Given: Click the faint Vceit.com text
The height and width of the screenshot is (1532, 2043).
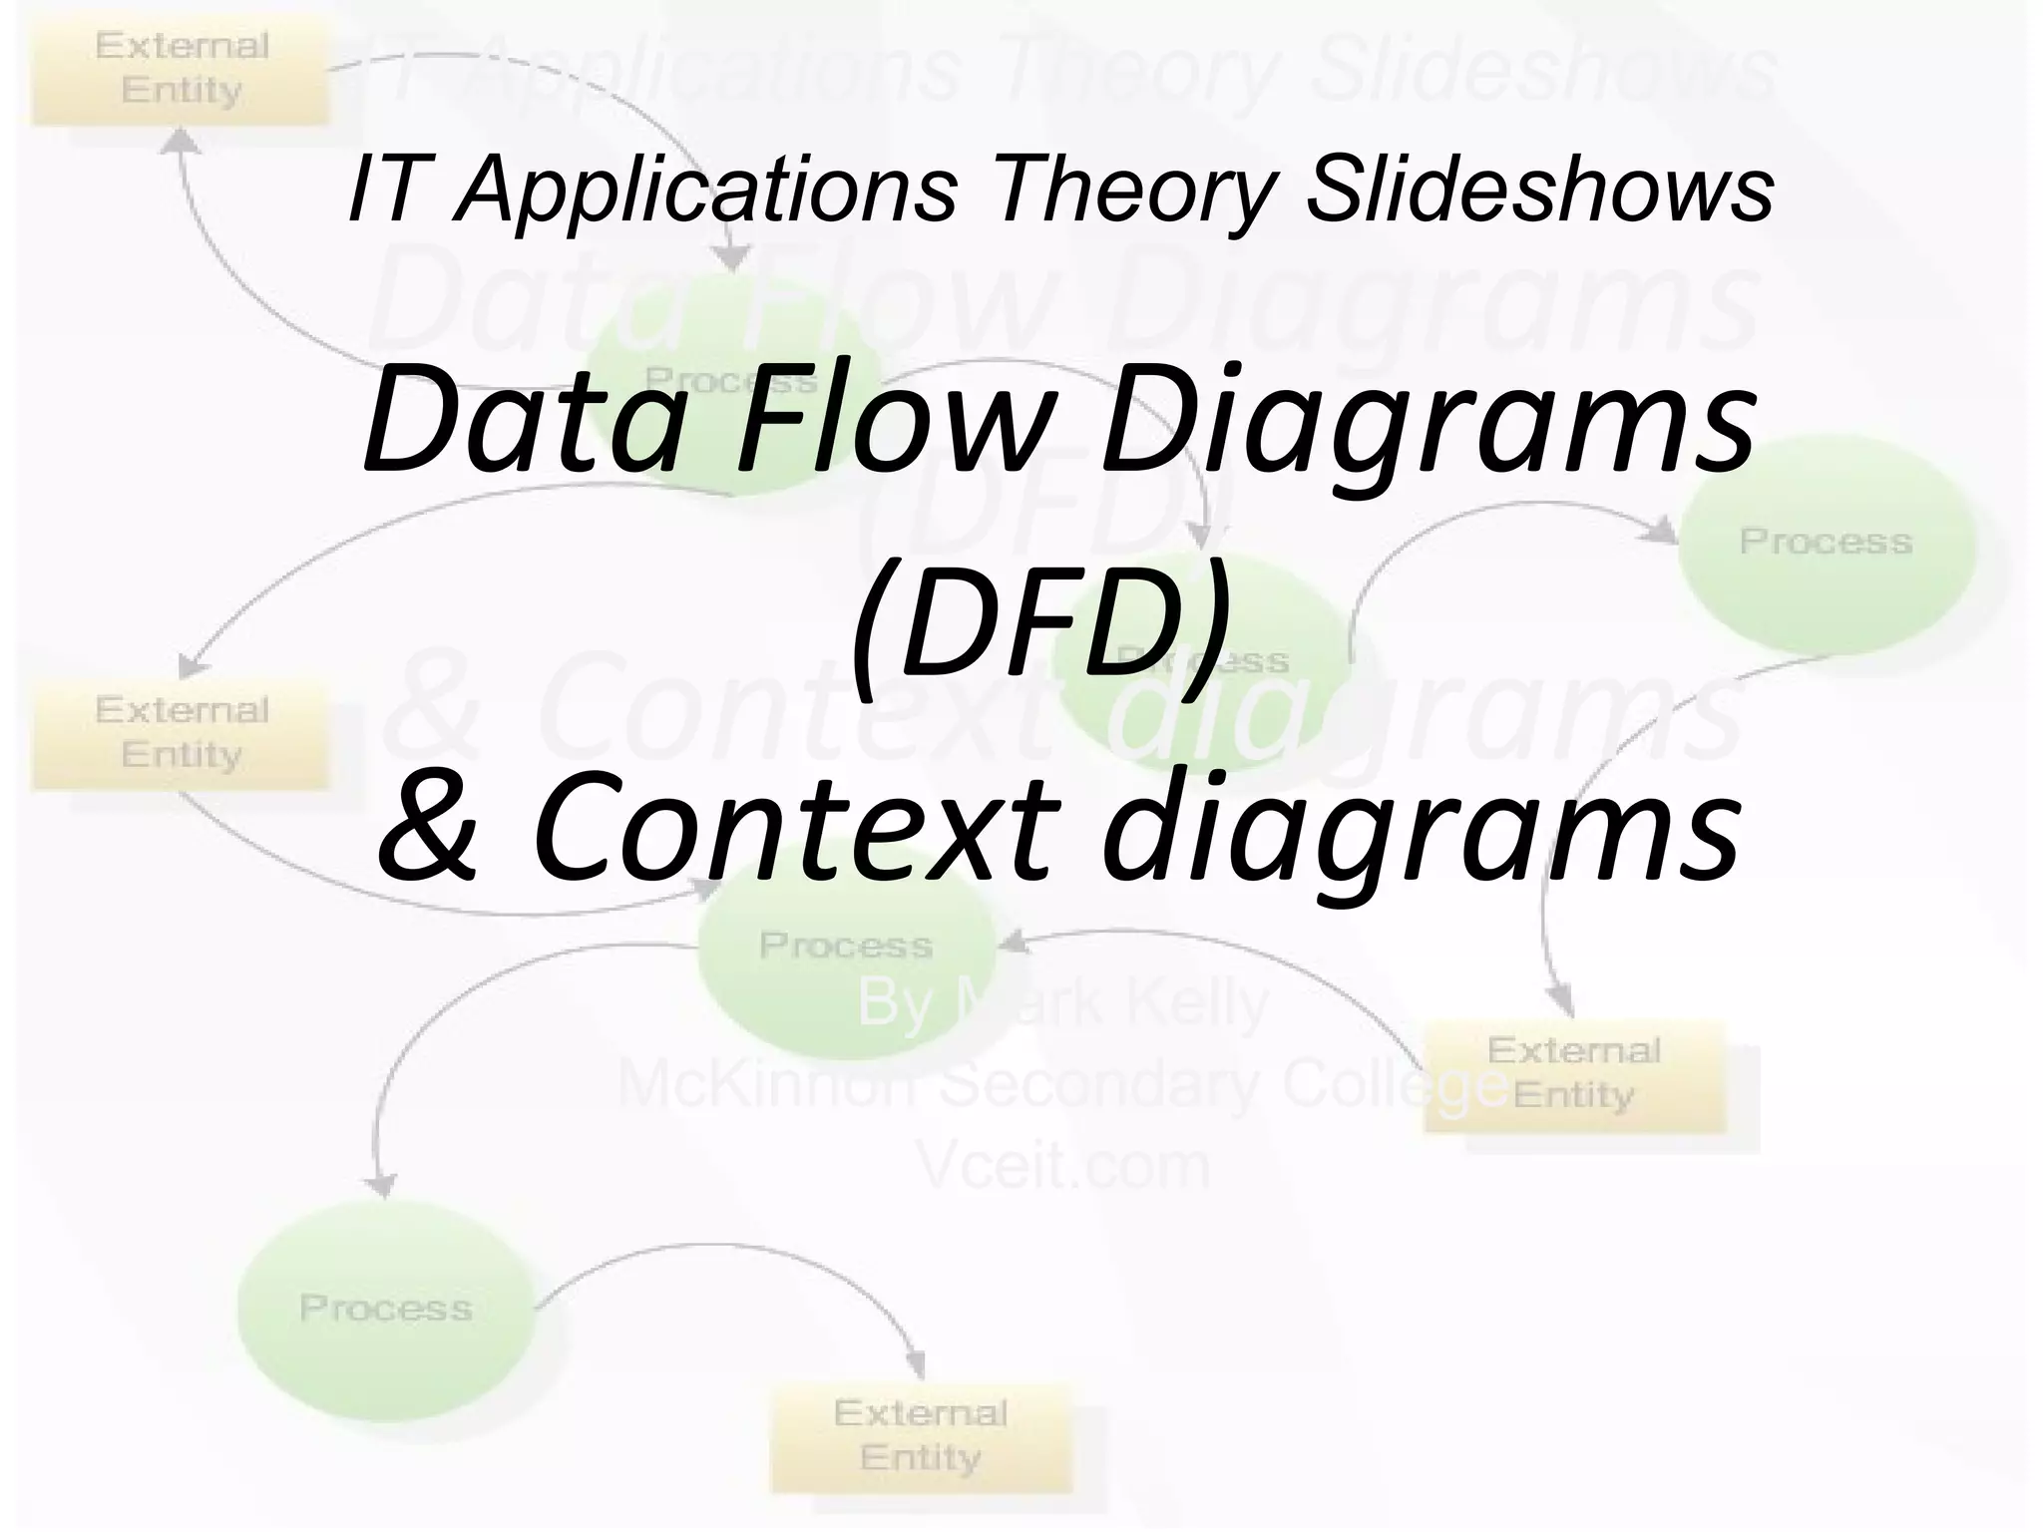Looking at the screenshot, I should coord(1063,1166).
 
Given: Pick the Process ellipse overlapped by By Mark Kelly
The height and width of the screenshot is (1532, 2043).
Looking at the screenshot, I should coord(846,948).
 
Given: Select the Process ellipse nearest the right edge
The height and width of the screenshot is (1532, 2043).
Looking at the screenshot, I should coord(1826,544).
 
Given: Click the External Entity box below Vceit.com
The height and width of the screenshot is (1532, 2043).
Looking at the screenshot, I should coord(921,1437).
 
